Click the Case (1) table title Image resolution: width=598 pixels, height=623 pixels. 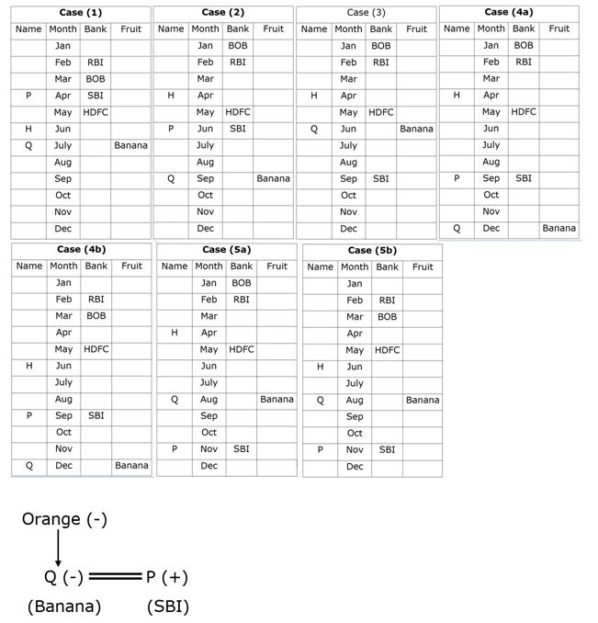click(83, 13)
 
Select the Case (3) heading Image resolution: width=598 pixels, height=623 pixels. click(366, 13)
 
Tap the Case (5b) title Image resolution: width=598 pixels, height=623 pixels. click(372, 250)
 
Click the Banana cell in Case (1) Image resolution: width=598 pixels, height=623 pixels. click(131, 145)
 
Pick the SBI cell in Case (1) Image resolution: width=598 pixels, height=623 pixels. click(96, 96)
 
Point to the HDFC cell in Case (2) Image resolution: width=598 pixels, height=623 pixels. click(238, 112)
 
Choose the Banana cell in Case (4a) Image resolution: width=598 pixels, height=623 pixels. click(559, 228)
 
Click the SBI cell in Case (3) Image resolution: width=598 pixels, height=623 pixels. click(380, 178)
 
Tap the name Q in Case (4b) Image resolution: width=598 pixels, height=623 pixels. click(29, 466)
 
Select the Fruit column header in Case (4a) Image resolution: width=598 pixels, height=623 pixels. click(559, 28)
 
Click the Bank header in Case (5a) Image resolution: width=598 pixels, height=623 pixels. click(241, 266)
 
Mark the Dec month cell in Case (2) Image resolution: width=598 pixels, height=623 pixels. click(206, 228)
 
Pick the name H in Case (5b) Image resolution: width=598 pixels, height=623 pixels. click(320, 367)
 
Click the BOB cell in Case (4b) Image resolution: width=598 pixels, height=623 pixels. click(96, 316)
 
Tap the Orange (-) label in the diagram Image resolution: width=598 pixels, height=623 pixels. click(64, 519)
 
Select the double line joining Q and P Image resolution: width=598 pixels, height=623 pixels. click(114, 577)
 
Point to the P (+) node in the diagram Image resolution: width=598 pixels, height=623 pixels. click(167, 577)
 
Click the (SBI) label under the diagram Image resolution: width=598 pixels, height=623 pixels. click(167, 606)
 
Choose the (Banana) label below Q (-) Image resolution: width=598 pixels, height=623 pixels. click(64, 606)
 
